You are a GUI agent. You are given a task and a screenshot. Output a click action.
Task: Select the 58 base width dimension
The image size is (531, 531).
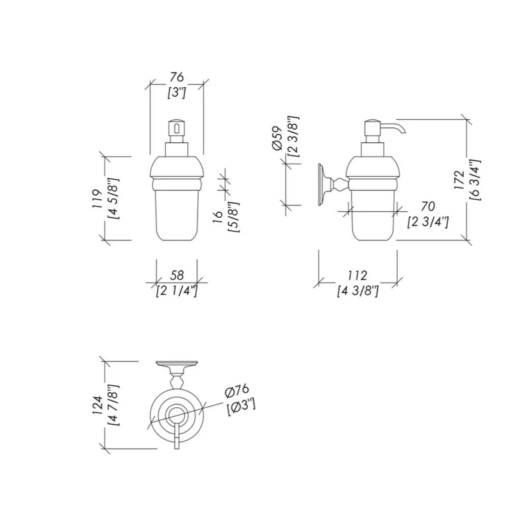(177, 275)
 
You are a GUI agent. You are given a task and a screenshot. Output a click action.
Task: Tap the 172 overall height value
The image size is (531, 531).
(460, 180)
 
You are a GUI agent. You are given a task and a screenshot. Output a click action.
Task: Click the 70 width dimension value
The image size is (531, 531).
(427, 206)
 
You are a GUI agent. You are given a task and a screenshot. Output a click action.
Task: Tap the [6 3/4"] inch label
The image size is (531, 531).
(475, 180)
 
